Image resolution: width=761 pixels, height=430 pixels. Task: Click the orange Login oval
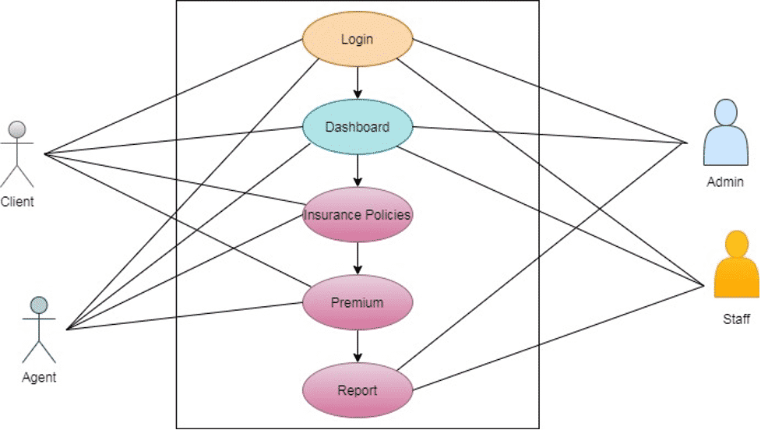coord(357,38)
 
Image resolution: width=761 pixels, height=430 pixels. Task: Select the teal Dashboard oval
coord(357,126)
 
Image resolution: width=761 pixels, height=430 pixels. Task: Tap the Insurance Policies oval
coord(357,214)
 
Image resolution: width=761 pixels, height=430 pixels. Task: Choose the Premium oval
coord(357,302)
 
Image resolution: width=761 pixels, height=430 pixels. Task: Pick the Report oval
coord(357,390)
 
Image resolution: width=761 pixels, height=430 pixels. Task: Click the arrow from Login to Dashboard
coord(357,82)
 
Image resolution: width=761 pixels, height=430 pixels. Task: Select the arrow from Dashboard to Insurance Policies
coord(357,170)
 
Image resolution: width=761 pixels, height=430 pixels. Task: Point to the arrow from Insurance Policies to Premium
coord(357,258)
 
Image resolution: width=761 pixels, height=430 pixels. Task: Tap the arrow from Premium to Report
coord(357,346)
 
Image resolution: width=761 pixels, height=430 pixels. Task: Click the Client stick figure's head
coord(17,129)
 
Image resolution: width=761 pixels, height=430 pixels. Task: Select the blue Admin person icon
coord(724,134)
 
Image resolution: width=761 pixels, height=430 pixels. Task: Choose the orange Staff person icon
coord(736,268)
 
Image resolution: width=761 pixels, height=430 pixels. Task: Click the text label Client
coord(17,202)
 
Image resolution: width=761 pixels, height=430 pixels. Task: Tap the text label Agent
coord(39,378)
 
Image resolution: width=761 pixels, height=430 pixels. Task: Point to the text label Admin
coord(724,183)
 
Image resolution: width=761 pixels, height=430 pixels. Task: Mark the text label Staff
coord(736,319)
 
